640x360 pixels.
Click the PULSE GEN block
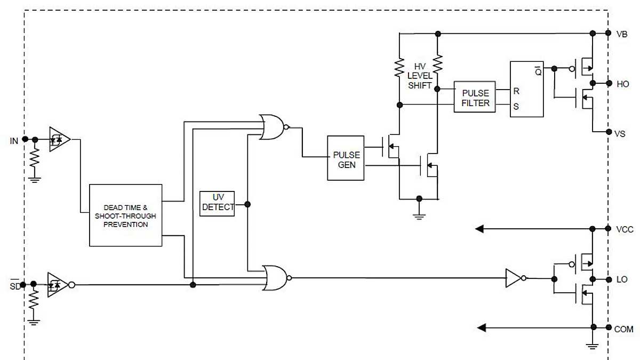click(346, 158)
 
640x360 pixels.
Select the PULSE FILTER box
click(475, 98)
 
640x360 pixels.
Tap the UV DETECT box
click(218, 203)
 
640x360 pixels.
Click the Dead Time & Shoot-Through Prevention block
click(125, 215)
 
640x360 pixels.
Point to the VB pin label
click(622, 34)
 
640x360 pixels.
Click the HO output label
click(622, 84)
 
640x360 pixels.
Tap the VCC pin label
click(624, 229)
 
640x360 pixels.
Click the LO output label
click(622, 279)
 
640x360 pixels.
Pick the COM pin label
click(623, 329)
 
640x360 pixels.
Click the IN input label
click(14, 140)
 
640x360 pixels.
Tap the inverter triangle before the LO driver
click(514, 278)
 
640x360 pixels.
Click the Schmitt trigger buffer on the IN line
click(59, 139)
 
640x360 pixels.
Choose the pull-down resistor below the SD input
click(34, 301)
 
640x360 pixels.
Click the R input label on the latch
click(516, 91)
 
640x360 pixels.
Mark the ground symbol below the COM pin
click(592, 345)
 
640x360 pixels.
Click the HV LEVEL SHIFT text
click(419, 76)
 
